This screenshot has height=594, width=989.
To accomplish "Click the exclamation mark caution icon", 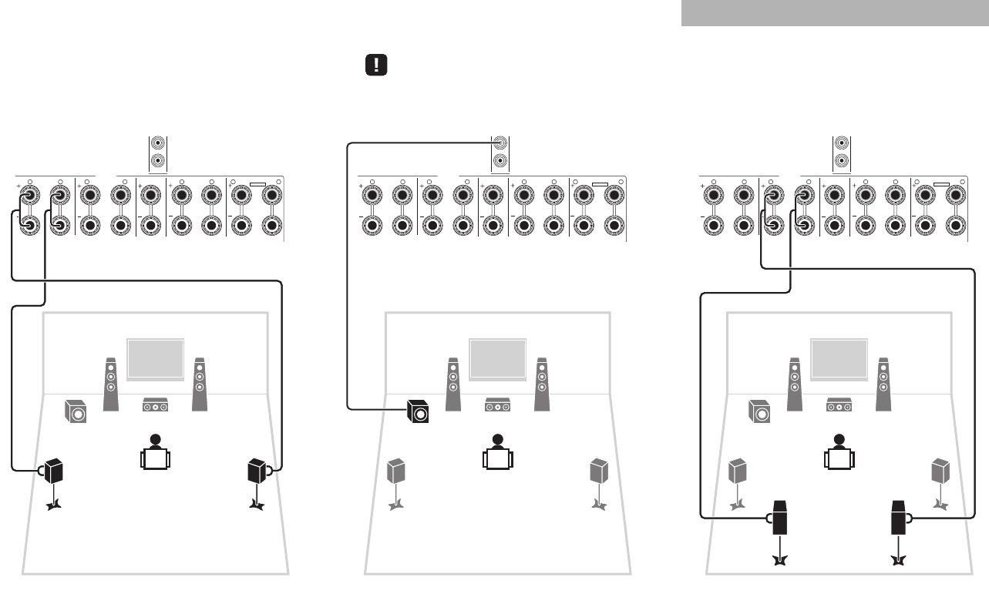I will (375, 65).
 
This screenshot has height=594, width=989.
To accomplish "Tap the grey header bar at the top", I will (835, 13).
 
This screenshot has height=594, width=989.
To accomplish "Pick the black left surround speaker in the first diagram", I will (53, 470).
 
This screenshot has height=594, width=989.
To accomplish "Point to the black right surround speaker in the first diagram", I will (257, 470).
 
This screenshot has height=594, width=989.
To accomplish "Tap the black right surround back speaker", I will (900, 518).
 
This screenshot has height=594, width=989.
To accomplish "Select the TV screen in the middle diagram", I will (497, 358).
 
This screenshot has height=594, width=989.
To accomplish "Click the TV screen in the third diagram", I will (839, 358).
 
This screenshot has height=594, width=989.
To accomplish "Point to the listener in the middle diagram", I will (497, 453).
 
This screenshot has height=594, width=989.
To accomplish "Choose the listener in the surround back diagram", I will (839, 453).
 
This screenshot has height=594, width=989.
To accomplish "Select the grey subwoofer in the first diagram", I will (76, 412).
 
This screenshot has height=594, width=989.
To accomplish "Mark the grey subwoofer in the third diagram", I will (760, 412).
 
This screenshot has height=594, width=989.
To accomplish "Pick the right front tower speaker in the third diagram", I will (883, 383).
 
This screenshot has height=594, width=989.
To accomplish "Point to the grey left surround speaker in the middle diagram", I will (395, 470).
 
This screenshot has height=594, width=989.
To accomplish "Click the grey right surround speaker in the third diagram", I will (940, 470).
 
